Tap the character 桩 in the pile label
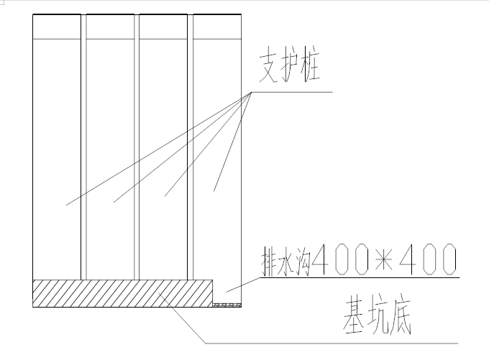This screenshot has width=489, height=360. click(x=316, y=70)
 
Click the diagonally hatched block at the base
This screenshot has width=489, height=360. click(x=122, y=293)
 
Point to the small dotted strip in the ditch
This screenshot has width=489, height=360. click(x=227, y=305)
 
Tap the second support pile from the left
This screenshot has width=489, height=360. click(x=110, y=158)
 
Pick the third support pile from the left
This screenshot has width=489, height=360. click(x=163, y=158)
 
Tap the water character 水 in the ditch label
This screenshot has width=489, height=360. click(x=285, y=260)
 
